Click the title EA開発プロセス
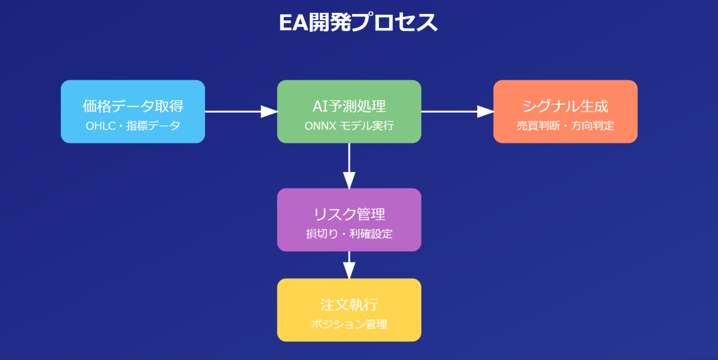tap(358, 23)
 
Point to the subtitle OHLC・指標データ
tap(133, 126)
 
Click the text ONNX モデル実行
tap(349, 126)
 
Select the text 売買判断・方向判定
tap(565, 126)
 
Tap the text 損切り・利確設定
tap(349, 234)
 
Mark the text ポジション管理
tap(349, 324)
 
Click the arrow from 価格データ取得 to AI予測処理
tap(241, 112)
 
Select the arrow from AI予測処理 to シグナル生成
tap(457, 112)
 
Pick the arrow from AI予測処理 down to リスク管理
tap(349, 166)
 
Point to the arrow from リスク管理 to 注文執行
tap(349, 265)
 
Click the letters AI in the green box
tap(319, 106)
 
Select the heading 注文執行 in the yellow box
tap(349, 305)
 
